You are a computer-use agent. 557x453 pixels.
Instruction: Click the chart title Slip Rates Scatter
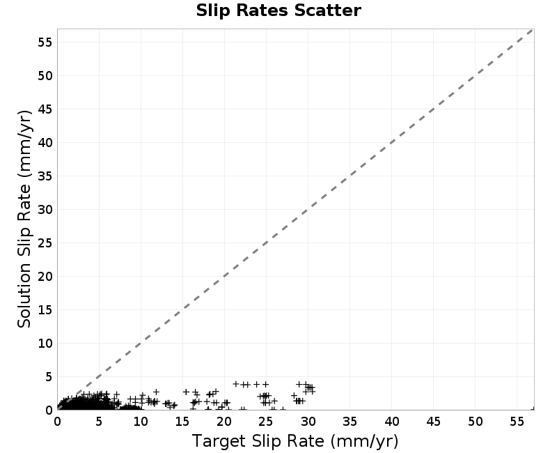278,10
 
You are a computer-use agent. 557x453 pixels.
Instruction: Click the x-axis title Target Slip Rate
295,441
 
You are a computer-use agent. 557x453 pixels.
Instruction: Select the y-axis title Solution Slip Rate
24,219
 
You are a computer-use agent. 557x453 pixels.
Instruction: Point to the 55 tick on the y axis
45,43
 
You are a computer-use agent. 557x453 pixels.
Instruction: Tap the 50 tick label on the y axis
45,76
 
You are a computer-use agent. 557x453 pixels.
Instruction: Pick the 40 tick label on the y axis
45,143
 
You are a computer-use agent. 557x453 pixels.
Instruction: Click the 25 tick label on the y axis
45,243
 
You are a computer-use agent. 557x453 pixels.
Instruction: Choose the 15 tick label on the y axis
45,310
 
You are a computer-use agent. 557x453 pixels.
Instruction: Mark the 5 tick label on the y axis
49,377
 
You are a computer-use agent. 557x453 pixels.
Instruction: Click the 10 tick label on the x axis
141,422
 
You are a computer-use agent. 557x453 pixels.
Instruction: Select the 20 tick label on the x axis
224,422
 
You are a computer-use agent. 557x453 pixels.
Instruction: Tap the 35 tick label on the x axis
350,422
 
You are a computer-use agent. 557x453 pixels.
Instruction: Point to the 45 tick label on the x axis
433,422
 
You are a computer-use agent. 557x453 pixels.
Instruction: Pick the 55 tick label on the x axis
517,422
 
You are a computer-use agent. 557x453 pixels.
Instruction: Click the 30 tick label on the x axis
308,422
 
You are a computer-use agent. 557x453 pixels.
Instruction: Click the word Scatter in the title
327,10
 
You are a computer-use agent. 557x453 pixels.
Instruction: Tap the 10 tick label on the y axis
45,344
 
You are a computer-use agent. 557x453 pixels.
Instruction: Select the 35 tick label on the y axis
45,176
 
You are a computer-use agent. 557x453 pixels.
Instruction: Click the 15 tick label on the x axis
182,422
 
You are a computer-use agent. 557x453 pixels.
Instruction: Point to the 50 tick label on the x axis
475,422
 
